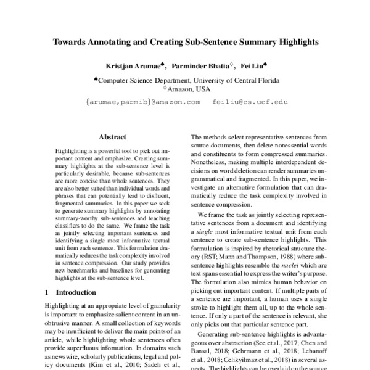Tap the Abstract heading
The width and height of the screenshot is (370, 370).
point(112,137)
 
